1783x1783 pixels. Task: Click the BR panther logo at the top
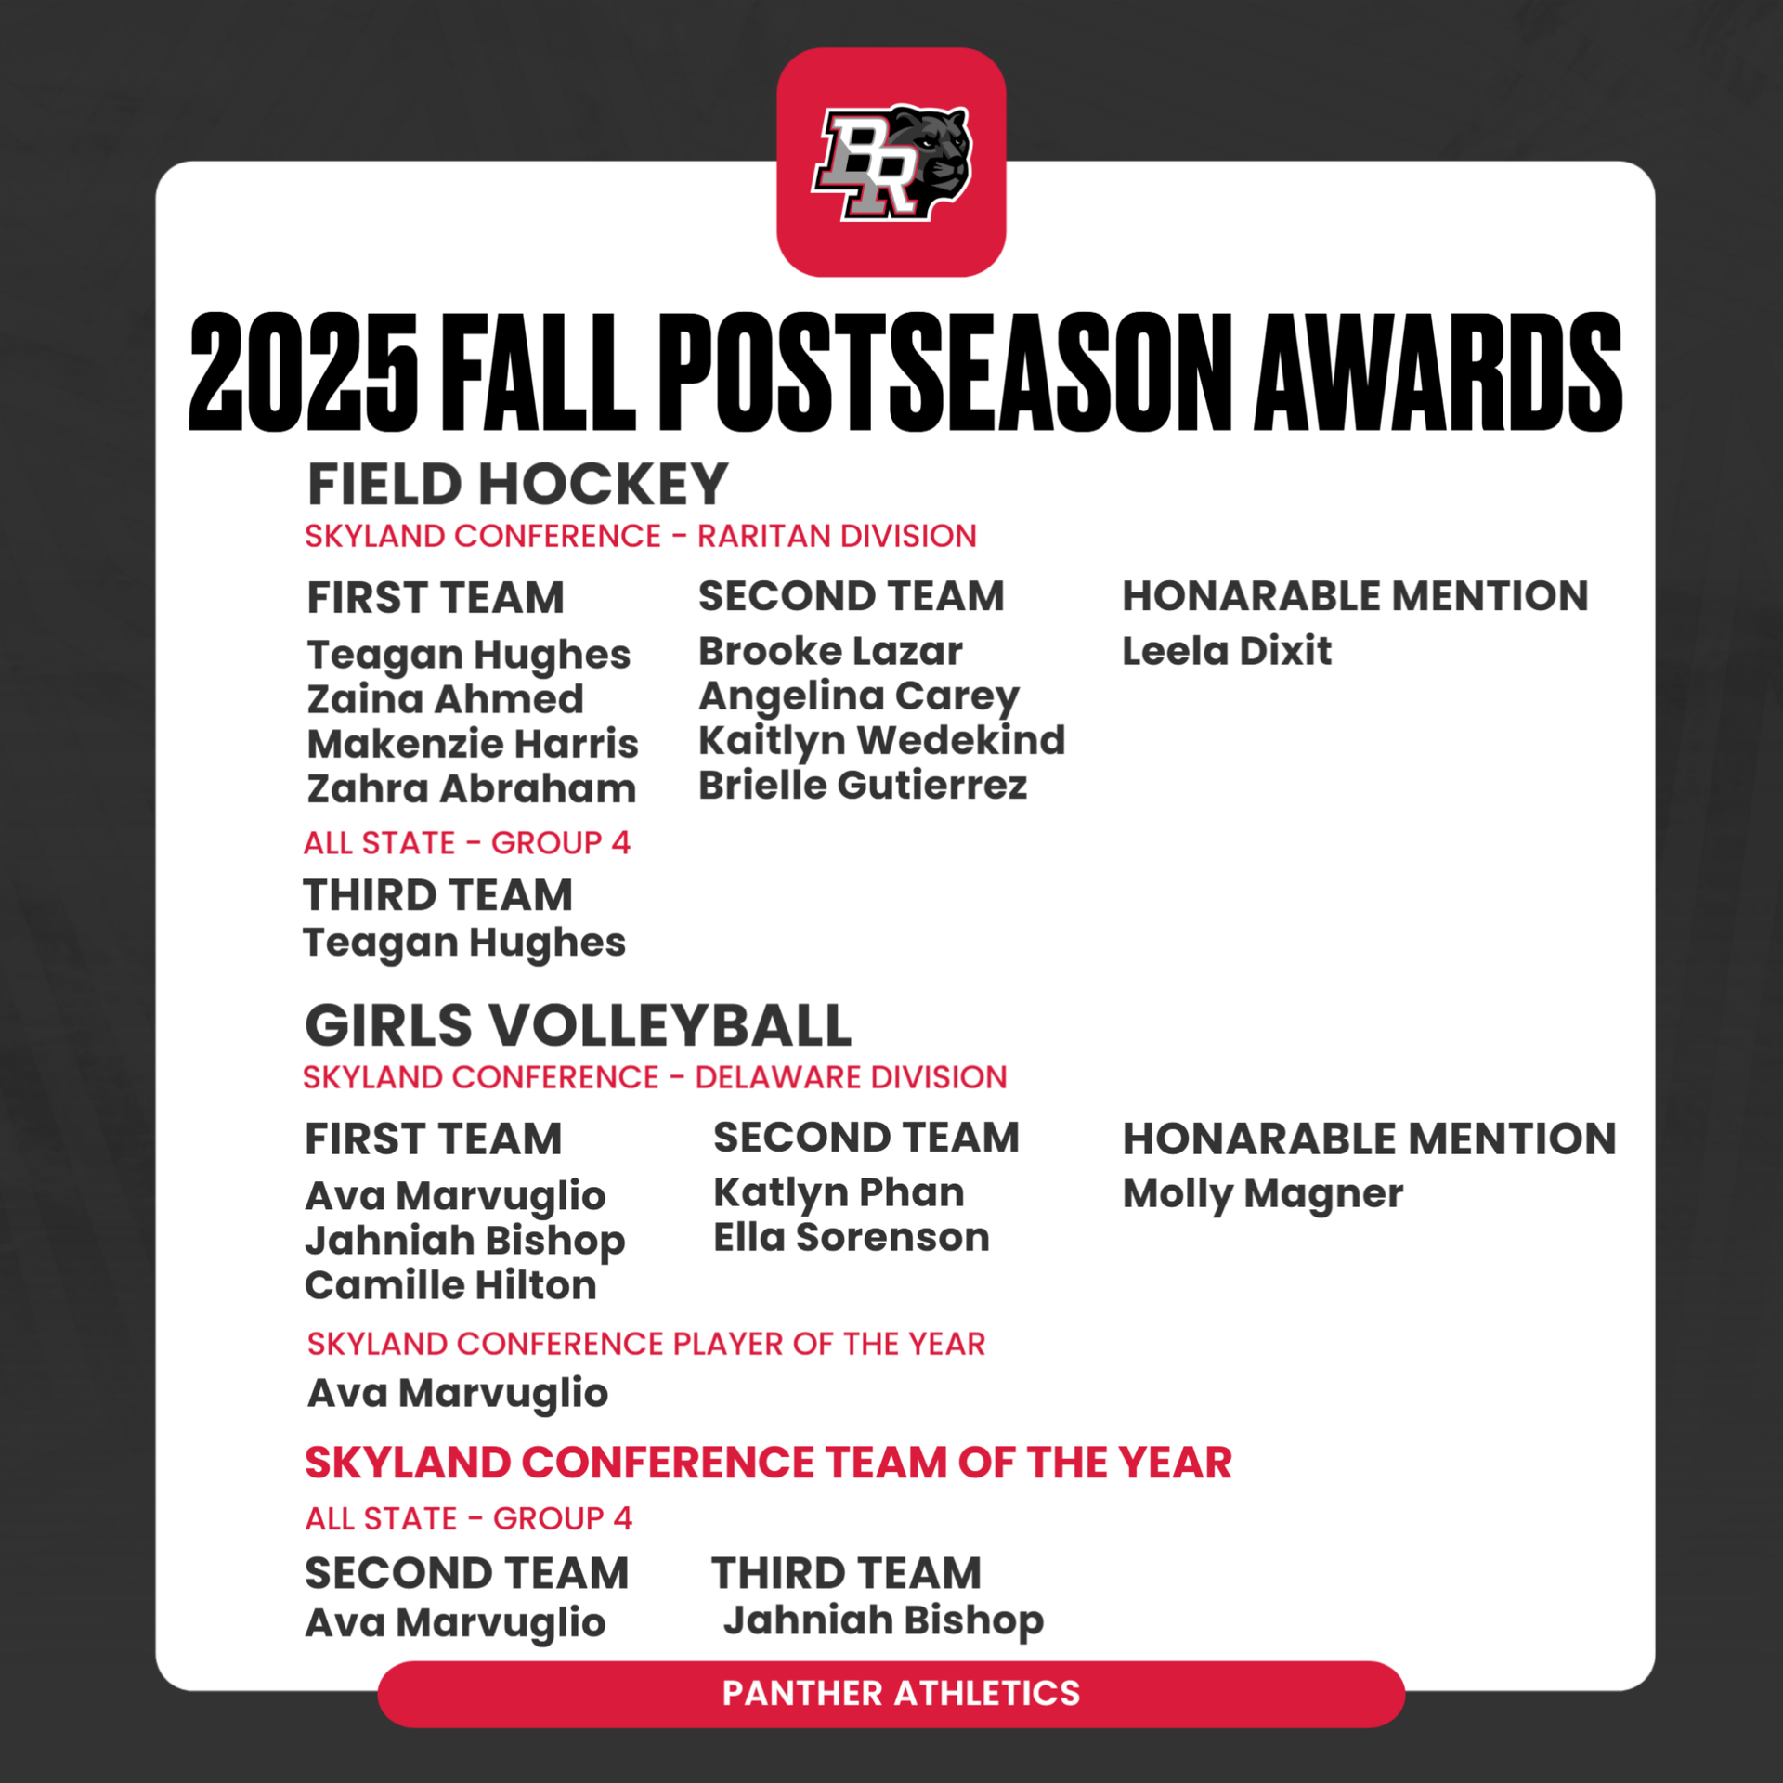(891, 163)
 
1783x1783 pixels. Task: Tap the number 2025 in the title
(304, 371)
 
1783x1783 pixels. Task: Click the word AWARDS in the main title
(1438, 371)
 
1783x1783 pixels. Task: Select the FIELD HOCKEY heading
(517, 484)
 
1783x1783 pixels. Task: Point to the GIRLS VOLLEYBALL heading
(578, 1025)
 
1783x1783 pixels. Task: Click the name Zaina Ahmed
(446, 699)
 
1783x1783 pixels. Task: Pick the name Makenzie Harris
(473, 744)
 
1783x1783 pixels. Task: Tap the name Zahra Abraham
(472, 788)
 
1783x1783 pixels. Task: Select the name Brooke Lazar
(830, 651)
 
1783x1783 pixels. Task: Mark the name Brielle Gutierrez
(863, 786)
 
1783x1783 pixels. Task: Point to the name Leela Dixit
(1227, 651)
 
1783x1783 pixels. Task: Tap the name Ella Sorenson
(852, 1237)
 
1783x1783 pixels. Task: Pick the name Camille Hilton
(451, 1285)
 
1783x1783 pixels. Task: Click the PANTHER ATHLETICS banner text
(902, 1693)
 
